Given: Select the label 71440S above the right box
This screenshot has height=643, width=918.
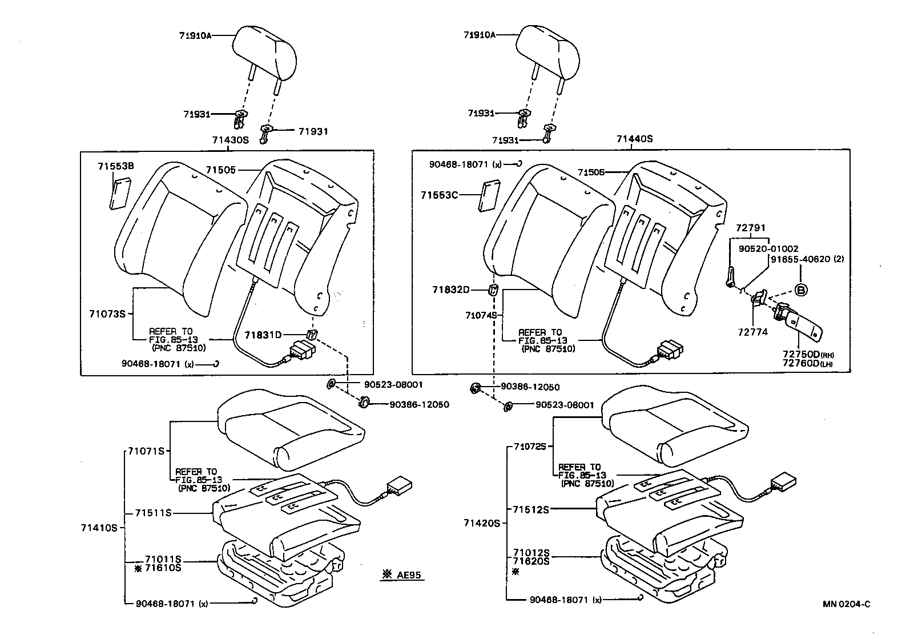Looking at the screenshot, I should click(x=634, y=139).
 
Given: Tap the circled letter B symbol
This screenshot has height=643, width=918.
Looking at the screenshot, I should click(x=801, y=290).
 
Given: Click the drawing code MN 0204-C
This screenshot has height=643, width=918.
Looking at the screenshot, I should click(x=847, y=604).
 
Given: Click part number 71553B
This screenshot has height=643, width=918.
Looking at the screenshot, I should click(x=115, y=166).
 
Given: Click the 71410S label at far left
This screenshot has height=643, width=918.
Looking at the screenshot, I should click(x=99, y=528).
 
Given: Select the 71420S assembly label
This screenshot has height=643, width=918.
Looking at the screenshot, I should click(x=481, y=523).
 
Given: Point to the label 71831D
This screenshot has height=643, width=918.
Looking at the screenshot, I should click(x=263, y=335).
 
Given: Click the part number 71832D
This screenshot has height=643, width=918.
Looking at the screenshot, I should click(x=450, y=290).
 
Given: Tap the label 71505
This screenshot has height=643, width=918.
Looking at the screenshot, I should click(x=221, y=170).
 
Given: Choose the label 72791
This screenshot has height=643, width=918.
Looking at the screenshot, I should click(x=750, y=227).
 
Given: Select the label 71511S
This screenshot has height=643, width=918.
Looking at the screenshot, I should click(x=153, y=513).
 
